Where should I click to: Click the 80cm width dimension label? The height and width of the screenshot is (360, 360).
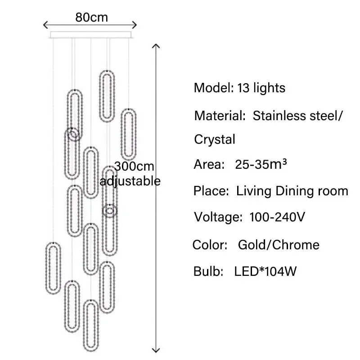[x=92, y=18]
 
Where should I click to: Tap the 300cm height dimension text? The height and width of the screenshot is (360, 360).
[x=134, y=166]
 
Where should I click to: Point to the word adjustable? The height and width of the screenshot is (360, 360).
[x=130, y=182]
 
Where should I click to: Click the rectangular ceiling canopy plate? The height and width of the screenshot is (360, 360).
[x=91, y=35]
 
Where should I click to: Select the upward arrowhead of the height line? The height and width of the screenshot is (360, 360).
[x=156, y=46]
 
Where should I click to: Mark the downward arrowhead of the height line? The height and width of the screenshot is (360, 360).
[x=156, y=350]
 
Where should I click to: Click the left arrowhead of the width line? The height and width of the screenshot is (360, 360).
[x=46, y=25]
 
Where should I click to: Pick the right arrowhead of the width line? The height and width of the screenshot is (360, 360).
[x=134, y=25]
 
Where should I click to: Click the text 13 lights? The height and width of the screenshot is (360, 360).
[x=261, y=88]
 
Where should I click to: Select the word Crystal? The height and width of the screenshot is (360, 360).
[x=215, y=140]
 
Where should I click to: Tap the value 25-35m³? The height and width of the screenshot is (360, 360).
[x=261, y=164]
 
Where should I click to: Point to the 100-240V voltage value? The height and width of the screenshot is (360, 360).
[x=277, y=217]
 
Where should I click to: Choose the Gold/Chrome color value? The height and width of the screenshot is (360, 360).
[x=279, y=245]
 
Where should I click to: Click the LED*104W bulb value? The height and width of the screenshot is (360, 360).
[x=265, y=271]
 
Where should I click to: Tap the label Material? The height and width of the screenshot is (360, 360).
[x=220, y=116]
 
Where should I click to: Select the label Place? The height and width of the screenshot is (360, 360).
[x=211, y=191]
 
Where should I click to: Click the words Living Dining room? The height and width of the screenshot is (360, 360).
[x=292, y=191]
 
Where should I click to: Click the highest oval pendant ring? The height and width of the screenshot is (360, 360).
[x=107, y=96]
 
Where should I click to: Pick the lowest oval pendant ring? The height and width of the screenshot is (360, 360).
[x=91, y=325]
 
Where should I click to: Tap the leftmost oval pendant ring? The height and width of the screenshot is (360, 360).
[x=53, y=268]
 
